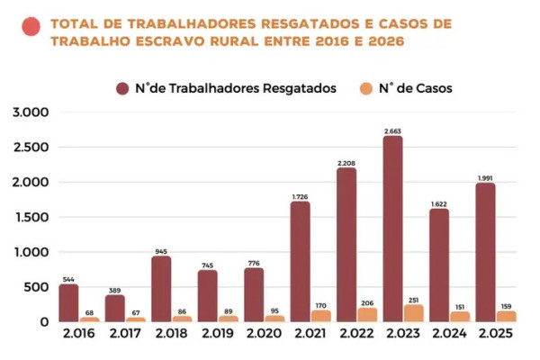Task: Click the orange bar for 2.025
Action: [x=506, y=317]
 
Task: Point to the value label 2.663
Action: [x=392, y=131]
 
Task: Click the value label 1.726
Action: [x=300, y=196]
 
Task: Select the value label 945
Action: [x=161, y=251]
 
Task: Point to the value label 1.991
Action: [x=483, y=177]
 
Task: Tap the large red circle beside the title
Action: [x=31, y=27]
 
